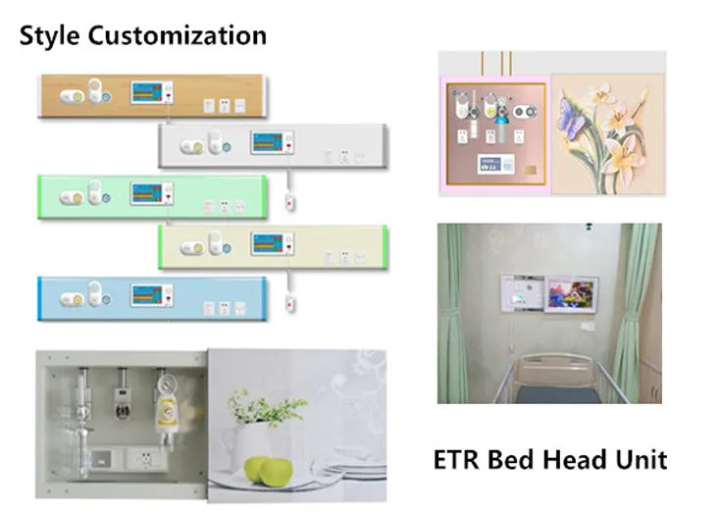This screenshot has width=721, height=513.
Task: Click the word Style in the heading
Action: point(50,37)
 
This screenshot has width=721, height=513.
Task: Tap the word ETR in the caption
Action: point(460,459)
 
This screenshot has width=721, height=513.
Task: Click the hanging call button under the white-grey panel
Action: point(288,203)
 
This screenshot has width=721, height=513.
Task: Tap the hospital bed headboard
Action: point(555,372)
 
